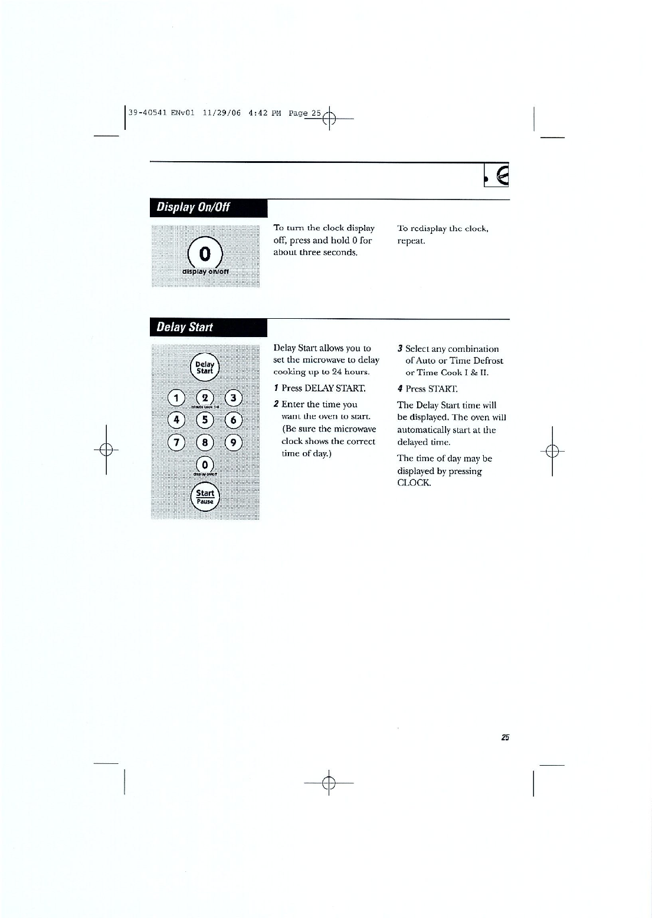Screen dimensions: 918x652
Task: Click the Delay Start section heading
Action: (x=184, y=327)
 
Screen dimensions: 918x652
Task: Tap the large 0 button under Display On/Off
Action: (x=205, y=254)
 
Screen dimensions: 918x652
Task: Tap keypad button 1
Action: (x=176, y=397)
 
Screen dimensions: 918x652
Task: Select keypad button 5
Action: (x=205, y=420)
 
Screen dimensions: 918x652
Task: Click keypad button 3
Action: (x=234, y=397)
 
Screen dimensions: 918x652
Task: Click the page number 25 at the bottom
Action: (x=504, y=737)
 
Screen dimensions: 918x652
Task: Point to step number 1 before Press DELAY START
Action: (x=276, y=388)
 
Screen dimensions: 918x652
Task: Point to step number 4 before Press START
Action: (x=400, y=389)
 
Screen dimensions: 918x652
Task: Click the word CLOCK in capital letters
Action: (x=414, y=483)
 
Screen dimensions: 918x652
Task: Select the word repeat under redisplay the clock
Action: (x=411, y=241)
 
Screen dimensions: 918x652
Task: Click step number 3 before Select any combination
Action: (x=400, y=349)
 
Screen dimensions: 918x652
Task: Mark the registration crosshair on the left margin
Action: (x=106, y=450)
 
